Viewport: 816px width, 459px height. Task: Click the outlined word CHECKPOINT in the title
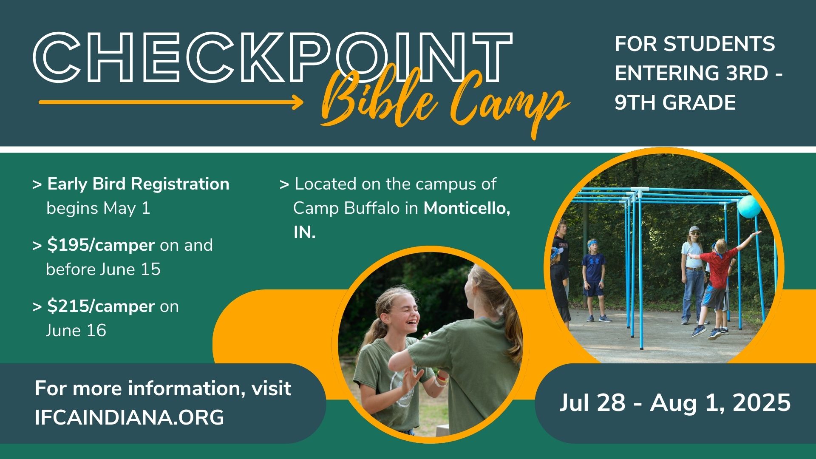pyautogui.click(x=272, y=57)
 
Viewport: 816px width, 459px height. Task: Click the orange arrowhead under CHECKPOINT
pyautogui.click(x=297, y=102)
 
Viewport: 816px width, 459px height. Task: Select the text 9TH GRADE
pyautogui.click(x=675, y=102)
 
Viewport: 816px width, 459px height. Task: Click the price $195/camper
pyautogui.click(x=101, y=245)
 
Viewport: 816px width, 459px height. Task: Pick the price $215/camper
pyautogui.click(x=101, y=306)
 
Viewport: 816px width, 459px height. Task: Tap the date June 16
pyautogui.click(x=76, y=330)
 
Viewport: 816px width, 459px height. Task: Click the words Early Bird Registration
pyautogui.click(x=138, y=184)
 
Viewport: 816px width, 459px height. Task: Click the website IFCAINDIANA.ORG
pyautogui.click(x=129, y=417)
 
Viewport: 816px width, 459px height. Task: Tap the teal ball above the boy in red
pyautogui.click(x=749, y=207)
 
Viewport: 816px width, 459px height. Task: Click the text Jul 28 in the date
pyautogui.click(x=592, y=402)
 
